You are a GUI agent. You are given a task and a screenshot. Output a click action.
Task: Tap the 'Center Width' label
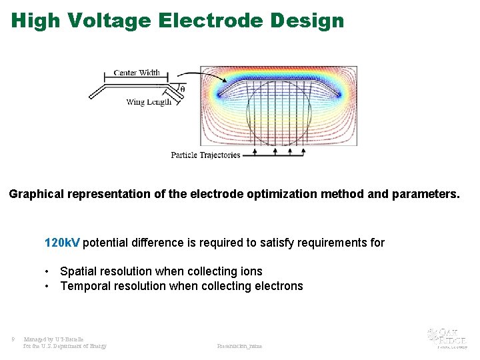[137, 73]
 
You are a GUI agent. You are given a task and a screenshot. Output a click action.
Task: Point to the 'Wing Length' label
[149, 102]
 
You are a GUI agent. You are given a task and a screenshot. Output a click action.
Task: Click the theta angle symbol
[183, 89]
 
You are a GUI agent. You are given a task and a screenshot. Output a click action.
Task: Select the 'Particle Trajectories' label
[205, 155]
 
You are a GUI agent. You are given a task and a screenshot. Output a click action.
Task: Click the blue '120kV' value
[62, 243]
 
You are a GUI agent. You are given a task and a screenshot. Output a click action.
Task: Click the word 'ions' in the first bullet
[251, 271]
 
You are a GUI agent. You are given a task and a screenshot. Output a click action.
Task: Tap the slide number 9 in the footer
[13, 339]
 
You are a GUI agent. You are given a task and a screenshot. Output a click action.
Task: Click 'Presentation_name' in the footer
[239, 346]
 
